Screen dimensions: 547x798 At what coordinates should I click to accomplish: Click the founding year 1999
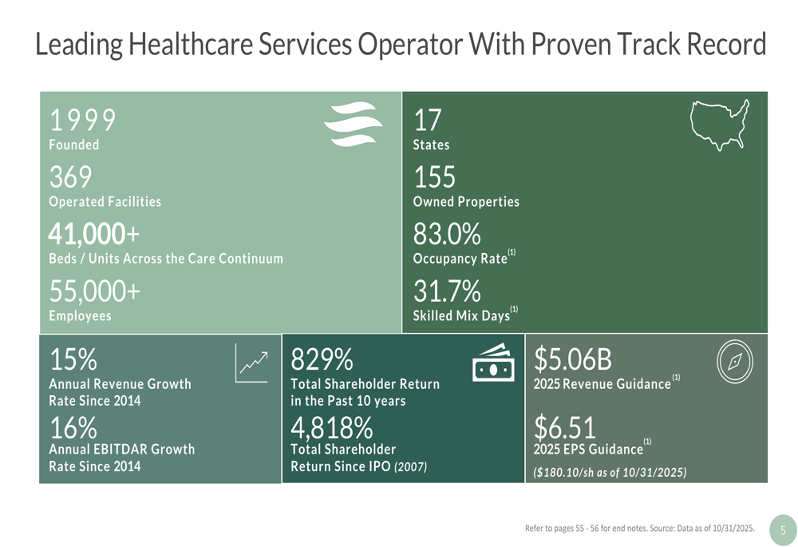[82, 120]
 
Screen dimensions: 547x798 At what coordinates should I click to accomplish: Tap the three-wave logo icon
[354, 125]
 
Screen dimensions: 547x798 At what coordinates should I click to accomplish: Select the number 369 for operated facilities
[71, 177]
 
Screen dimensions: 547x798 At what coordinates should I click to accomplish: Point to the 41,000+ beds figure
[93, 234]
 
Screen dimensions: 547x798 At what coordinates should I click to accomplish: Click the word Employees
[80, 316]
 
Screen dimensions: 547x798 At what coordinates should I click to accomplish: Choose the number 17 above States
[427, 120]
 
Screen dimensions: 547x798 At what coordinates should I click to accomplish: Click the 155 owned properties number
[434, 177]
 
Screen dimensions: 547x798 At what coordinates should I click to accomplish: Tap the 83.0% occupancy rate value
[447, 234]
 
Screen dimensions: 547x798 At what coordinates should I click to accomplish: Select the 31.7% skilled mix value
[447, 291]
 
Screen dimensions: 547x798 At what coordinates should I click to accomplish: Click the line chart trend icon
[252, 364]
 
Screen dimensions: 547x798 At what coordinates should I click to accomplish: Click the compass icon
[734, 362]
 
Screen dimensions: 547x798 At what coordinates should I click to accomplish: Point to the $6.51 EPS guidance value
[565, 427]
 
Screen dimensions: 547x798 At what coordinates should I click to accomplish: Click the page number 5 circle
[783, 529]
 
